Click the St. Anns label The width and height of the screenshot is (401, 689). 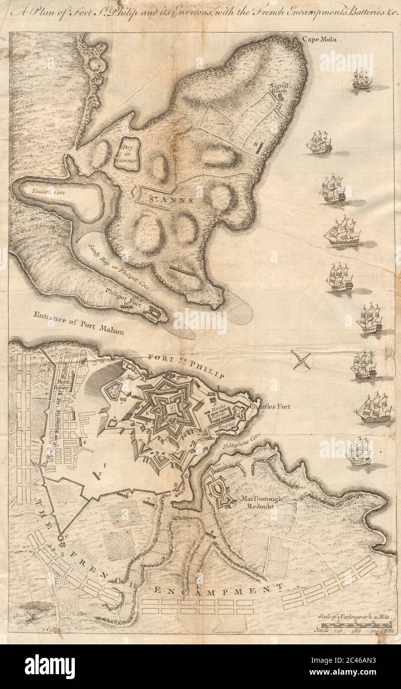[168, 201]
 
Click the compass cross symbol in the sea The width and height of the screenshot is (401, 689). [302, 359]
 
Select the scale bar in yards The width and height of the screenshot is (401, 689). [354, 626]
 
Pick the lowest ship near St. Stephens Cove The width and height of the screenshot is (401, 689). [360, 453]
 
